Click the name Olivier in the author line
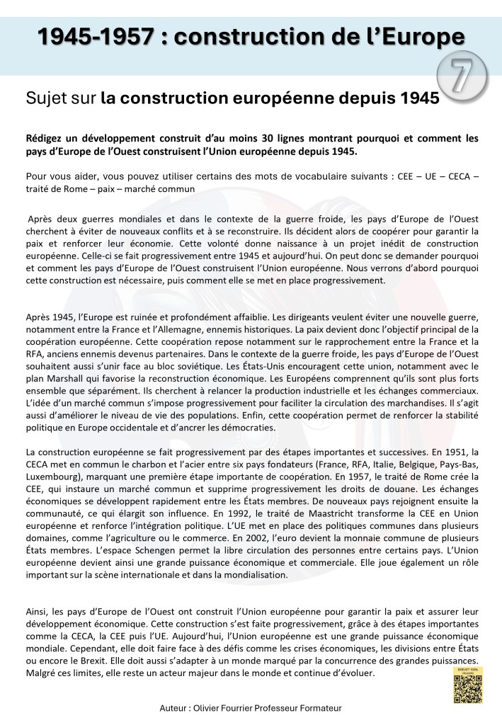click(x=222, y=707)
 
